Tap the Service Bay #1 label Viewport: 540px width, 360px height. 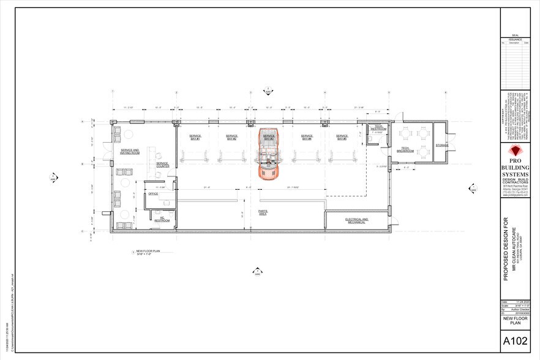[195, 137]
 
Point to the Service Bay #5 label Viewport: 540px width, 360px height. [341, 138]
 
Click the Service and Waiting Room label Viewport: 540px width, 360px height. [130, 151]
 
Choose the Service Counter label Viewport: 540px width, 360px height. [162, 165]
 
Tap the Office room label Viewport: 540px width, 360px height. [152, 193]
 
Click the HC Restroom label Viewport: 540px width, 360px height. [162, 219]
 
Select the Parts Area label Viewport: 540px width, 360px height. [262, 212]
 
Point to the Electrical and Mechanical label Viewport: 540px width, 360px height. [356, 220]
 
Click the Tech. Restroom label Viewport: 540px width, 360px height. [377, 129]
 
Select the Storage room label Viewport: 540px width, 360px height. [442, 145]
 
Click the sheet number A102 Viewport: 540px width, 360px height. [515, 340]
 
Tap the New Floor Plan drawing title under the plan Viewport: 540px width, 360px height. [148, 252]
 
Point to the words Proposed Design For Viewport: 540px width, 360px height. [506, 248]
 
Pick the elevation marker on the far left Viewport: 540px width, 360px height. [53, 178]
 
